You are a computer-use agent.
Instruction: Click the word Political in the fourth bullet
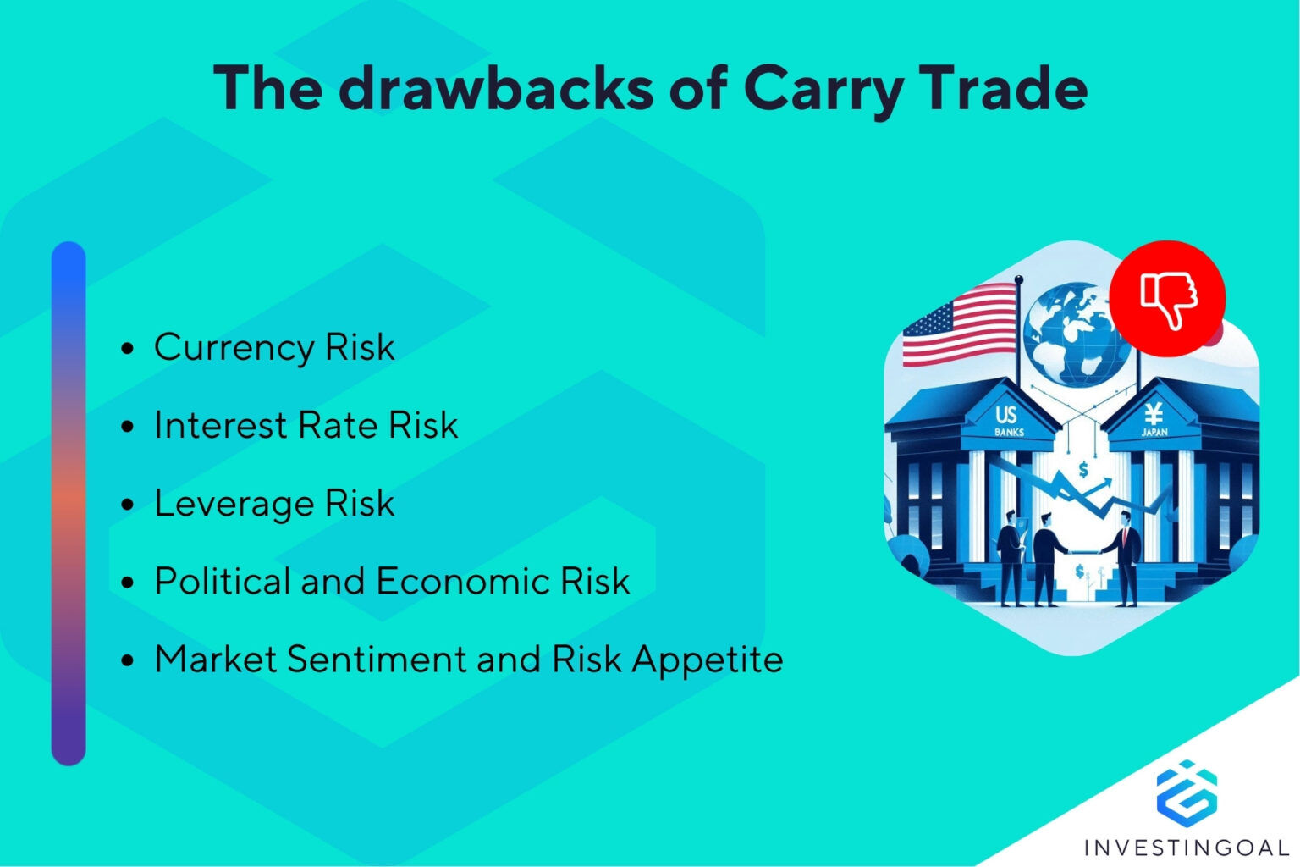point(222,582)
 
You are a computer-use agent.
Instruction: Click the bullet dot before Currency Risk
point(128,349)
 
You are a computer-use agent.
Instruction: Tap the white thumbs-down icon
point(1168,299)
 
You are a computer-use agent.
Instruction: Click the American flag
point(959,325)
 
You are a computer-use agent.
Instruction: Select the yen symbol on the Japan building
point(1154,414)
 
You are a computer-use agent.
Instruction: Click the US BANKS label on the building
point(1007,420)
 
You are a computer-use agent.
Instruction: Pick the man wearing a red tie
point(1125,559)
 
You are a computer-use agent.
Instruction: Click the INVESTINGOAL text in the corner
point(1186,847)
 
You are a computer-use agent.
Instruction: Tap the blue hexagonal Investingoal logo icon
point(1187,792)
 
